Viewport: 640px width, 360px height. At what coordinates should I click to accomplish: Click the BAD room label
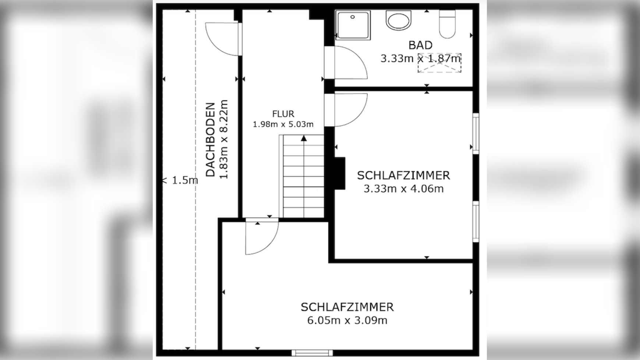click(420, 45)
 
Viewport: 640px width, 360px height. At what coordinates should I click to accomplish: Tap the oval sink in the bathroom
click(398, 20)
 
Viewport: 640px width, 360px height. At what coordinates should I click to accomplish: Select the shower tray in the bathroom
click(353, 25)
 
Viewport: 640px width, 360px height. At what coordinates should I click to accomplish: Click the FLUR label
click(283, 114)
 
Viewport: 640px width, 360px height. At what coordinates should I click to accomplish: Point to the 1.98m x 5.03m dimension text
click(283, 124)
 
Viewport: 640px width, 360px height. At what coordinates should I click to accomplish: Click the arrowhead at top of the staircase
click(304, 138)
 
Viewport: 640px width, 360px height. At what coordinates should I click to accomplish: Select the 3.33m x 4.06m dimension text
click(403, 189)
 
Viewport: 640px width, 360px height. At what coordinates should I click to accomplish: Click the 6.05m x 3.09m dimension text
click(347, 320)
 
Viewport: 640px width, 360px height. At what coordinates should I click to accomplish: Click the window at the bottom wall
click(312, 353)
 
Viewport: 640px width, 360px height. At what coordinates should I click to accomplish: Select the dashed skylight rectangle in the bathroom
click(439, 63)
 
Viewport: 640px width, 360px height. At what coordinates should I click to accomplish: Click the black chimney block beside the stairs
click(339, 173)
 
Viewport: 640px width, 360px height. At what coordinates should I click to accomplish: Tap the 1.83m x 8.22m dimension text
click(224, 139)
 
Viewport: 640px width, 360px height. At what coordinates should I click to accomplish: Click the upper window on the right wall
click(475, 133)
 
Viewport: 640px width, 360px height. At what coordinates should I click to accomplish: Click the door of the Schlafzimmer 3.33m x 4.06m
click(348, 110)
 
